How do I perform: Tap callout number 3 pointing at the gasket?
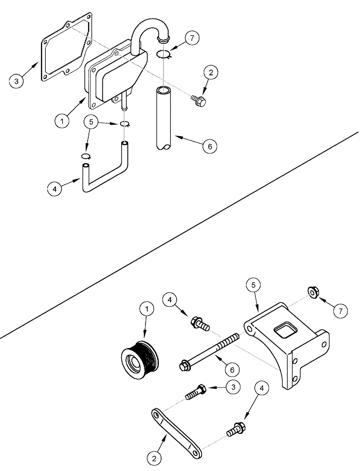16,81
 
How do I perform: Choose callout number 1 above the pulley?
147,309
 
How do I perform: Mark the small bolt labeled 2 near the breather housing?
199,100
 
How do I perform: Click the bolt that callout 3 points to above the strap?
195,392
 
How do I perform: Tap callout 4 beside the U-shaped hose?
55,189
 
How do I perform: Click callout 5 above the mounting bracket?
253,286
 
